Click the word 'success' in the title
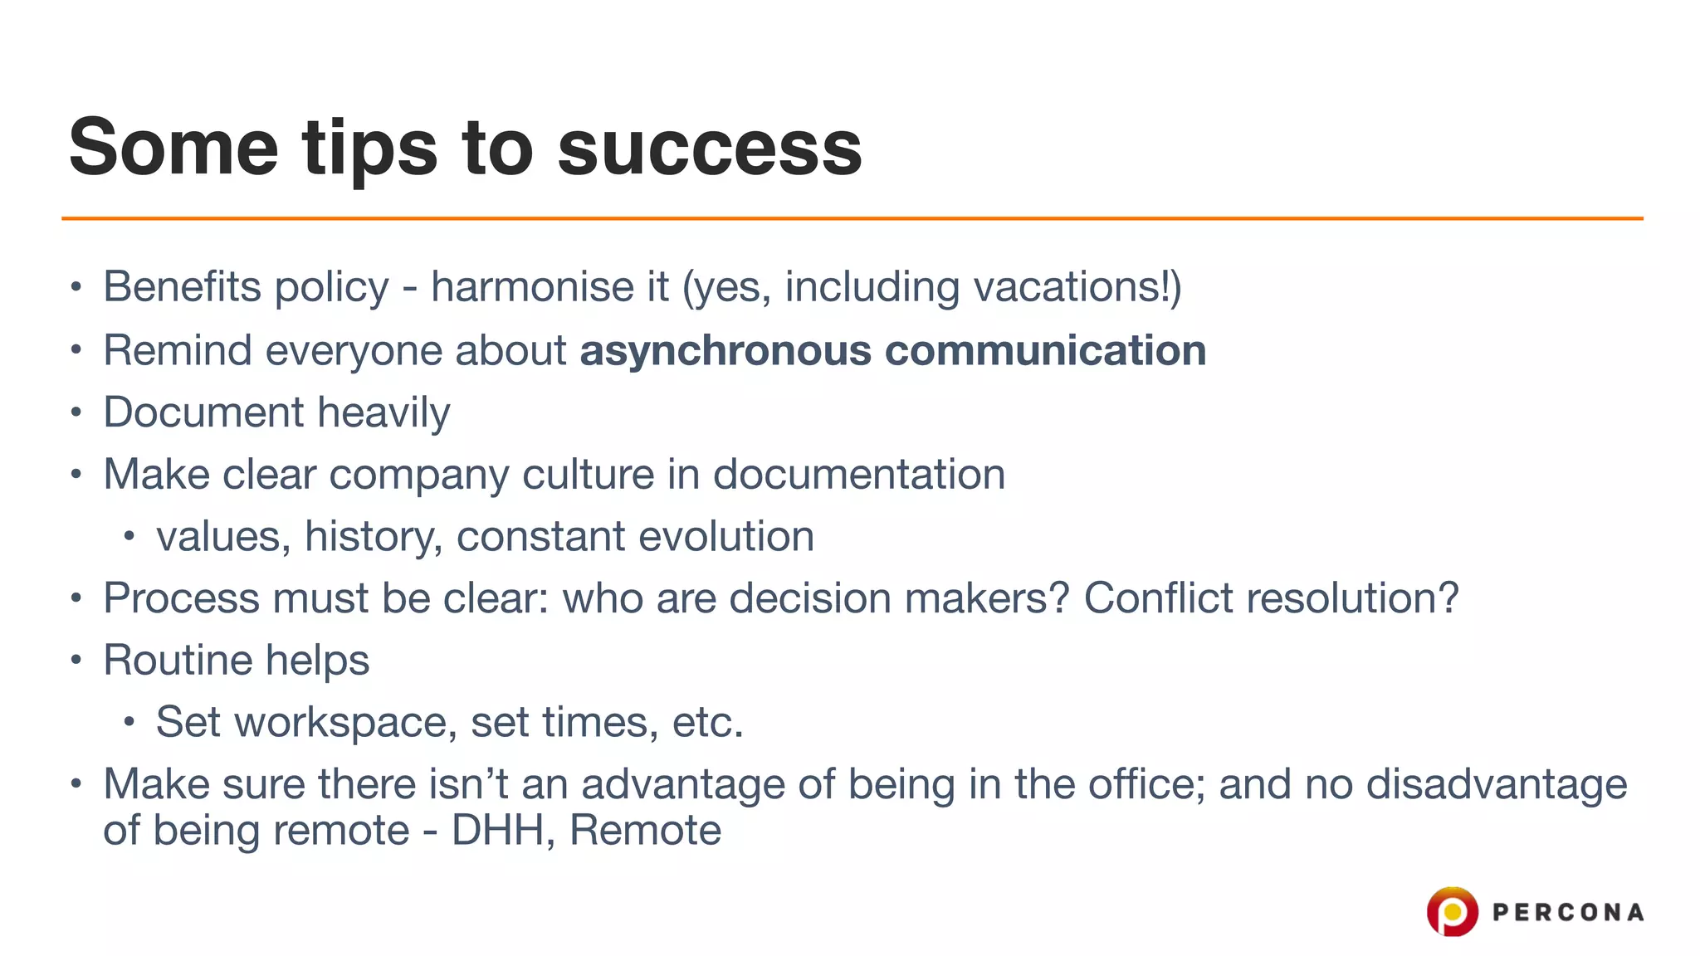tap(710, 149)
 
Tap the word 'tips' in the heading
tap(369, 149)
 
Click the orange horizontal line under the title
tap(852, 218)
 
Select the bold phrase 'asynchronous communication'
tap(892, 350)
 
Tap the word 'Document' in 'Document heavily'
tap(203, 412)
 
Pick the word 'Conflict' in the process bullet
tap(1160, 598)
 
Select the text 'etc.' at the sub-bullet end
tap(707, 723)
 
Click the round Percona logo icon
tap(1452, 911)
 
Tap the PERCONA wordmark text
tap(1567, 913)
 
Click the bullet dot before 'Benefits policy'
tap(76, 288)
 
